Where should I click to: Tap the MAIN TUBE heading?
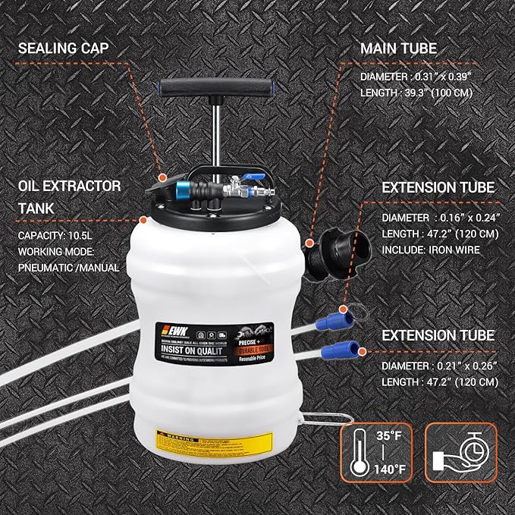(x=398, y=48)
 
